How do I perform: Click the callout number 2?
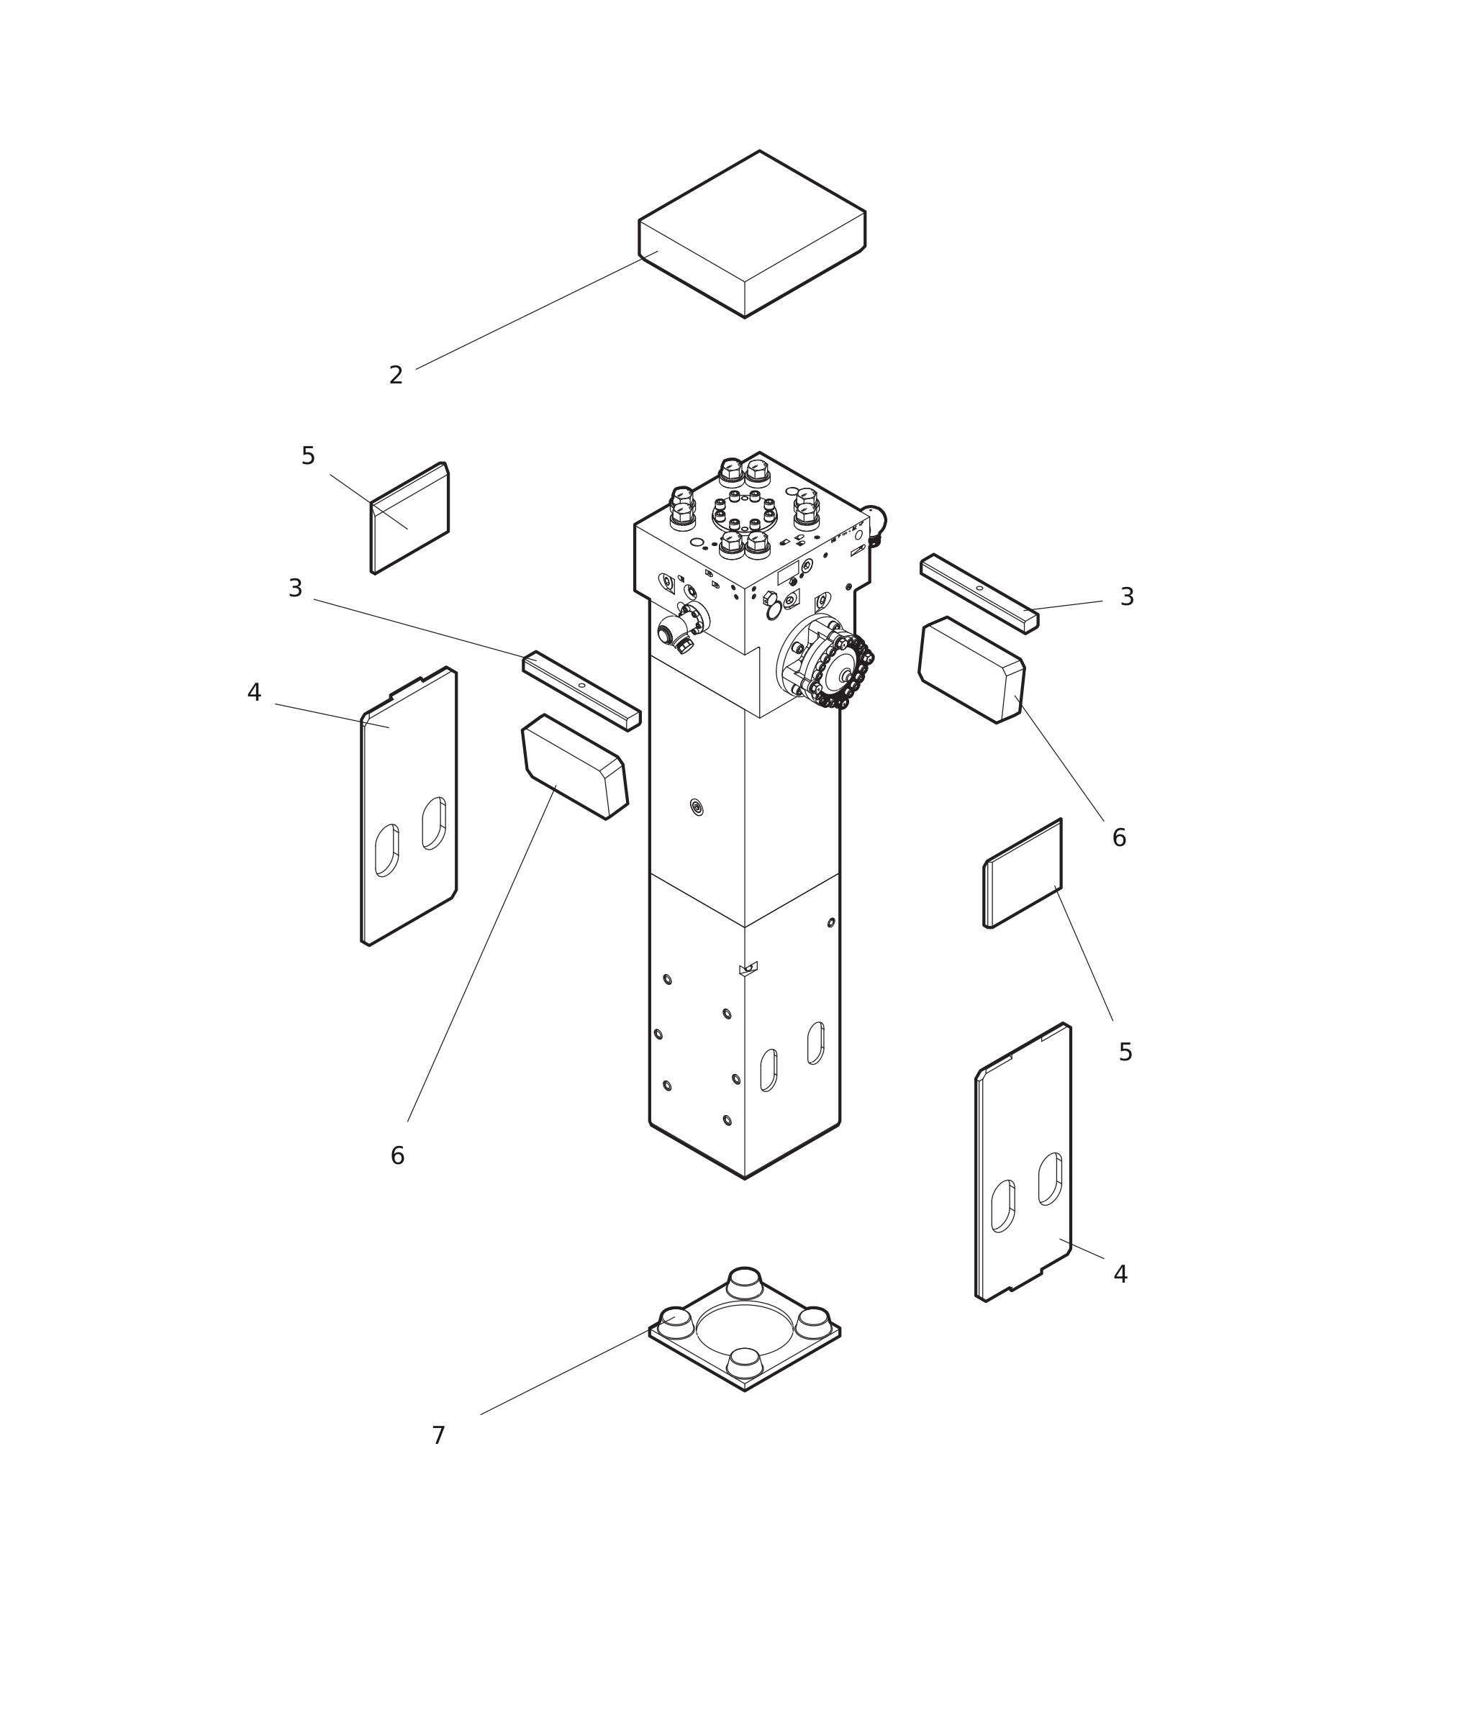click(396, 376)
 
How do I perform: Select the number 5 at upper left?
click(308, 457)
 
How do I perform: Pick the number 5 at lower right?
click(1125, 1052)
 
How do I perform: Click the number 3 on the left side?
click(295, 588)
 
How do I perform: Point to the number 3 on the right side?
click(1126, 598)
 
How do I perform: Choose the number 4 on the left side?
click(254, 693)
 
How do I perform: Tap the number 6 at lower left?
click(397, 1156)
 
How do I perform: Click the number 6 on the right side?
click(1119, 838)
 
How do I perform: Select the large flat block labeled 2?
click(751, 234)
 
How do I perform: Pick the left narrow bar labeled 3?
click(581, 691)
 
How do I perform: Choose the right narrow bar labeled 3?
click(979, 593)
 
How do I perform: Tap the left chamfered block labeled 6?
click(574, 766)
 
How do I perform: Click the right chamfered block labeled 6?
click(971, 670)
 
